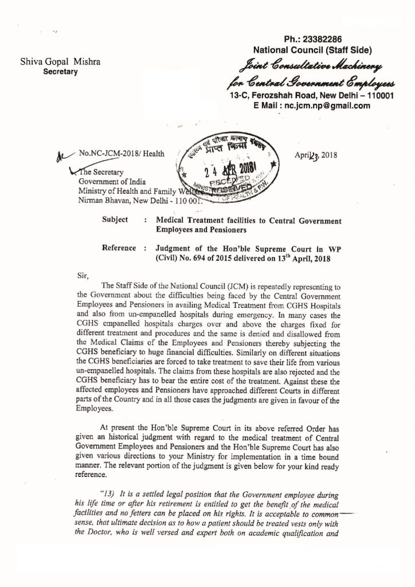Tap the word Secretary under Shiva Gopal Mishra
click(x=61, y=72)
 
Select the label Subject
click(x=115, y=220)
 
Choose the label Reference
click(x=119, y=248)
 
